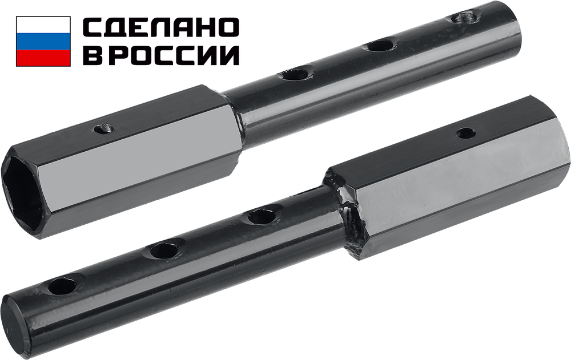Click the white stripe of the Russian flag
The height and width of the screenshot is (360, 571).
pos(43,25)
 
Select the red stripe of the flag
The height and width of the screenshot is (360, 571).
pos(43,58)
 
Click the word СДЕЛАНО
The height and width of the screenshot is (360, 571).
pos(162,27)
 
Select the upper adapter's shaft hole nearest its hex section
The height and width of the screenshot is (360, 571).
pos(296,75)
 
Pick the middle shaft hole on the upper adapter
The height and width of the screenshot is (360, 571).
pos(379,46)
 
